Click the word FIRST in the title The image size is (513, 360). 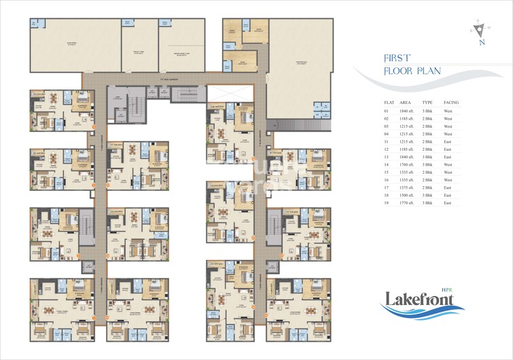click(x=396, y=59)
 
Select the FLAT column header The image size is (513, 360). click(x=389, y=102)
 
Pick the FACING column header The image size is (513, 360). click(x=451, y=102)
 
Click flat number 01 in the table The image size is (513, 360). click(x=387, y=110)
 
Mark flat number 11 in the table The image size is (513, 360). click(x=387, y=141)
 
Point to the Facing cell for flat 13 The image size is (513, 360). click(x=449, y=156)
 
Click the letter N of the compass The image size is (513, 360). click(x=481, y=43)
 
